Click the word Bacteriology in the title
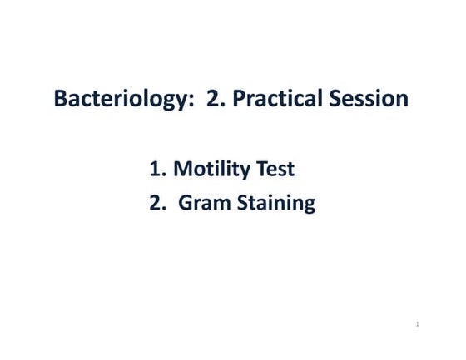pos(121,99)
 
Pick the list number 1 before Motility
pos(156,170)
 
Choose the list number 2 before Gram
pos(156,203)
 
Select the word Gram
pos(206,203)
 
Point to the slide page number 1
pos(416,323)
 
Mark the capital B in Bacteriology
pos(61,98)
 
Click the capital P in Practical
pos(239,98)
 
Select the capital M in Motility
pos(184,170)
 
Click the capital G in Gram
pos(185,203)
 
